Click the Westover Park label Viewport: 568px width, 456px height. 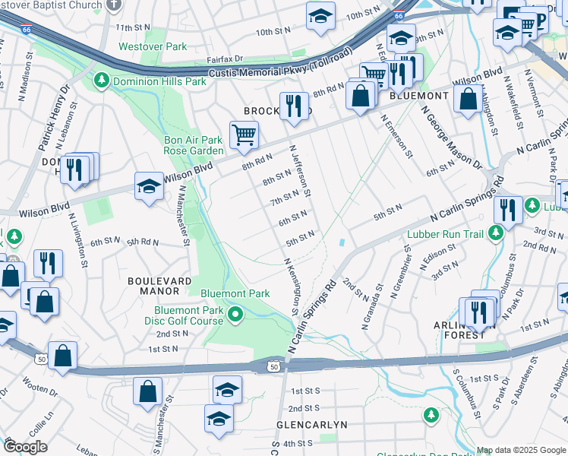click(x=153, y=46)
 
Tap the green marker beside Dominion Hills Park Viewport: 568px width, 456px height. click(x=100, y=81)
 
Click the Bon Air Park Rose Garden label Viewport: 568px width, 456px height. click(x=194, y=145)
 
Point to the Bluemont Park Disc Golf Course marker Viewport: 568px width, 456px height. click(x=236, y=314)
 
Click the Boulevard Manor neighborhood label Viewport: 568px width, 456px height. click(x=159, y=286)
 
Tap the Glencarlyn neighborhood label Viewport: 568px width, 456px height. click(x=311, y=424)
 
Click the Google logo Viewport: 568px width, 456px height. click(x=25, y=447)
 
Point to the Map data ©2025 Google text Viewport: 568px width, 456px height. click(x=521, y=451)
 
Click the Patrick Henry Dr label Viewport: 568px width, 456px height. click(x=55, y=117)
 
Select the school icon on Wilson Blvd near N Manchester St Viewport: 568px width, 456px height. click(x=149, y=186)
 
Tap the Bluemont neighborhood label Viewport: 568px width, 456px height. click(x=419, y=96)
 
